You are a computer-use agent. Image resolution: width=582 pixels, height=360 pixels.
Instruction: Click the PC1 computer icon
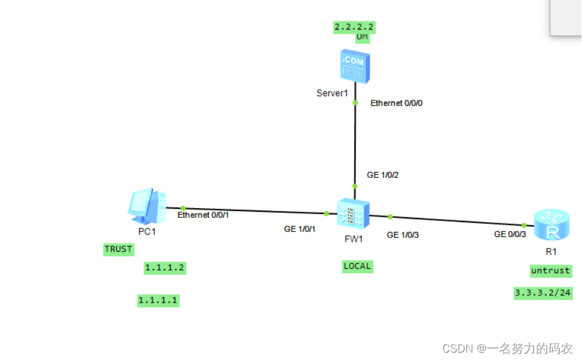(146, 206)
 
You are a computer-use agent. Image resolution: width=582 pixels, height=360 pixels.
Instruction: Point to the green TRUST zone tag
(118, 249)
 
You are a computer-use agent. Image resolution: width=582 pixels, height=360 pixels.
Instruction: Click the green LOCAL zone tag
(357, 266)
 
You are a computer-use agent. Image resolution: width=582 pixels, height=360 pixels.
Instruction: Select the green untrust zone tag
(551, 271)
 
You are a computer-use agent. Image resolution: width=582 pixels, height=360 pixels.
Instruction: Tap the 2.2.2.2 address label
(354, 27)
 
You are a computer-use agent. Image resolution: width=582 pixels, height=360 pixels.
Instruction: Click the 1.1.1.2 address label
(164, 268)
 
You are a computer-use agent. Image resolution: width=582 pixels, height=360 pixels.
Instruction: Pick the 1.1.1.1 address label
(158, 300)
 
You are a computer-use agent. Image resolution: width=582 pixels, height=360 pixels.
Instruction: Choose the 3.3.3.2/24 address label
(543, 293)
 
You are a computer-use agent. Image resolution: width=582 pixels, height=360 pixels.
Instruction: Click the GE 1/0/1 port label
(300, 229)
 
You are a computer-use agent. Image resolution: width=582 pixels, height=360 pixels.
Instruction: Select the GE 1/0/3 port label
(403, 234)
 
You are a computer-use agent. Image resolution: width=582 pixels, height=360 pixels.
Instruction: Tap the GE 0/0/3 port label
(510, 234)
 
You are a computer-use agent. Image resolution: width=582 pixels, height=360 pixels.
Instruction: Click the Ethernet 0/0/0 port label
(396, 103)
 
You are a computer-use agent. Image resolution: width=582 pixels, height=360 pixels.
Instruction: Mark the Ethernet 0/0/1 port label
(203, 215)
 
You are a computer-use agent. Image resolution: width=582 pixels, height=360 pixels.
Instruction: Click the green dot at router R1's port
(524, 225)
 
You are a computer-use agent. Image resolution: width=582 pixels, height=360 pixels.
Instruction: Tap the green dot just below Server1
(355, 103)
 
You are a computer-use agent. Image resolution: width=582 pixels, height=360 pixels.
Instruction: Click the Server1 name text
(332, 93)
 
